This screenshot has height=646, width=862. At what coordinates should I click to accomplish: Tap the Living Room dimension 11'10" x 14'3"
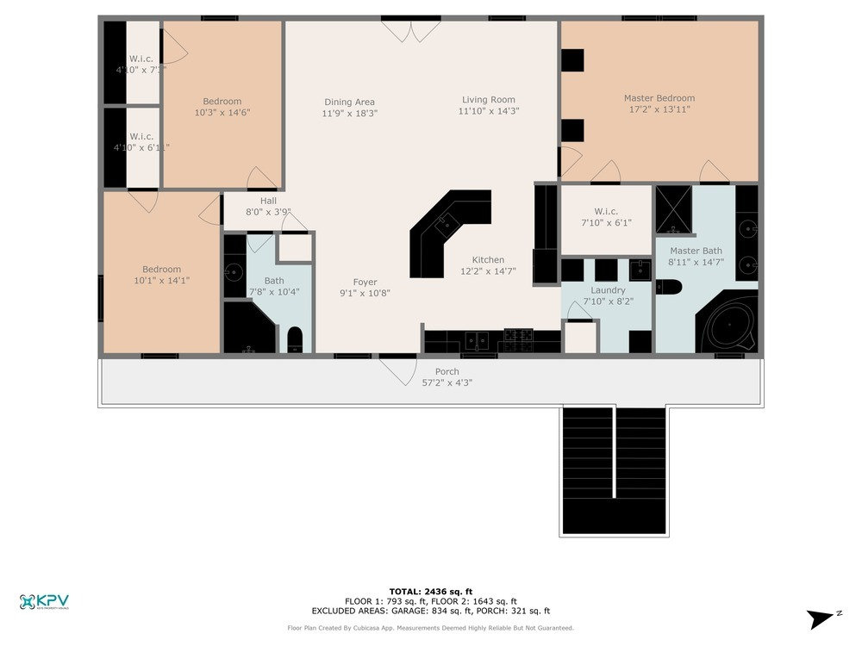488,111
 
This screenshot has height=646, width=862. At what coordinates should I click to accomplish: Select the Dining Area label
349,102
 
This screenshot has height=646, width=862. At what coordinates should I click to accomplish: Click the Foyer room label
365,282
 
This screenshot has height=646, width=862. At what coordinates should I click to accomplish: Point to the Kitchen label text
488,260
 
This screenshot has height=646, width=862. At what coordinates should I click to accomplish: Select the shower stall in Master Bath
673,209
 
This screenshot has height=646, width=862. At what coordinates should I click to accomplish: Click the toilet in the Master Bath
669,287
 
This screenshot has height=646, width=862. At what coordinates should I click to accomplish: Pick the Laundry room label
607,290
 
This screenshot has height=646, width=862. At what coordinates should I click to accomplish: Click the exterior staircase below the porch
613,469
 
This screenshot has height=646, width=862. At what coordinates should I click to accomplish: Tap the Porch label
447,371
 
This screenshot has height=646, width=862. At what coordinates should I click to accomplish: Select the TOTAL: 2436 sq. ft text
430,591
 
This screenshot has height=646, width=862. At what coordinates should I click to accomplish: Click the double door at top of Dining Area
411,32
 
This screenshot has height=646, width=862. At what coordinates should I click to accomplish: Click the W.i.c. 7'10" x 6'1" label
607,211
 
